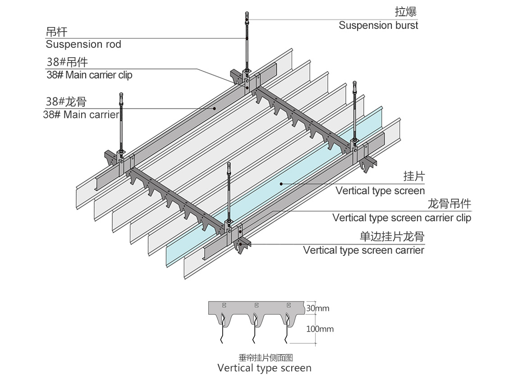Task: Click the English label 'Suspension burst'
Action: click(378, 25)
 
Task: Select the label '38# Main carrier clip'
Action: click(89, 75)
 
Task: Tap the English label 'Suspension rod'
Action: click(83, 44)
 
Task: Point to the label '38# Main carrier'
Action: click(81, 114)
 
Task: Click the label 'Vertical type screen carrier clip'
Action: click(402, 218)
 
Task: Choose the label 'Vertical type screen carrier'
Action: click(363, 250)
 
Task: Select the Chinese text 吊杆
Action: click(56, 32)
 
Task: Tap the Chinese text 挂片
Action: click(414, 176)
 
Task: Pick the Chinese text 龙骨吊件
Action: click(449, 204)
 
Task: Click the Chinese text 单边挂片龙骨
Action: click(392, 237)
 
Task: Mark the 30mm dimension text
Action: click(318, 309)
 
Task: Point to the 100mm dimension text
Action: click(320, 329)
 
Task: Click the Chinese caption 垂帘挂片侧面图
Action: click(266, 358)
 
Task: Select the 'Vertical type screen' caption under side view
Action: click(264, 368)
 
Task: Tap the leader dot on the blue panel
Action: click(280, 183)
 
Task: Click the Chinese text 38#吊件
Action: click(67, 62)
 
